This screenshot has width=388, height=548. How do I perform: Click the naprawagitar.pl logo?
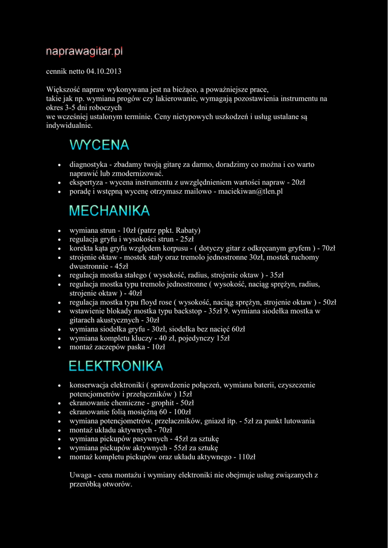pyautogui.click(x=85, y=52)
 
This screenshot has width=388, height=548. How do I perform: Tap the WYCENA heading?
pyautogui.click(x=100, y=145)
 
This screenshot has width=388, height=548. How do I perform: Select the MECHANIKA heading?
pyautogui.click(x=109, y=211)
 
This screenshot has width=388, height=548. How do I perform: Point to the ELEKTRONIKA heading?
pyautogui.click(x=116, y=366)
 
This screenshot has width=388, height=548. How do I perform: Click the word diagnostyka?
pyautogui.click(x=88, y=165)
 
